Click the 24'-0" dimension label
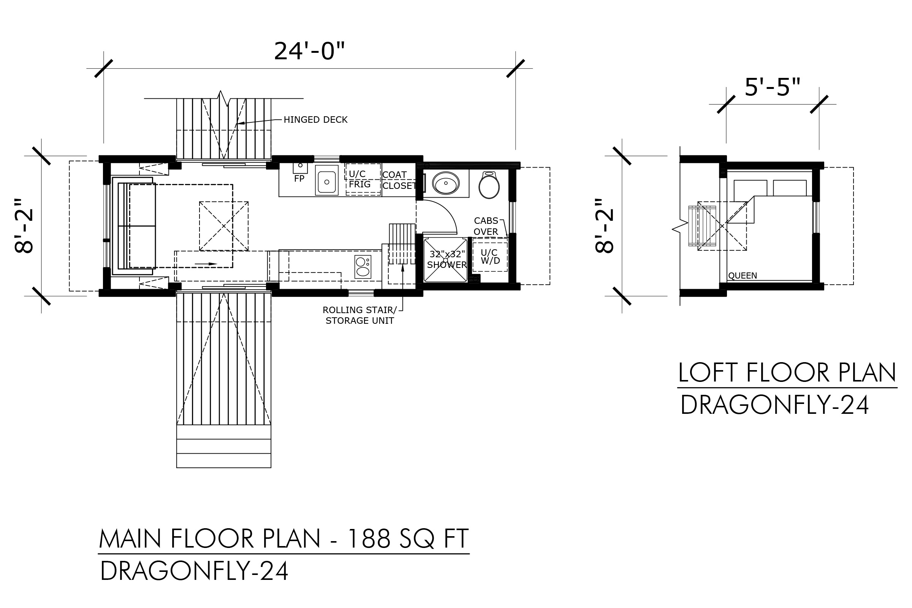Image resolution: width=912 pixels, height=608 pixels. pos(309,51)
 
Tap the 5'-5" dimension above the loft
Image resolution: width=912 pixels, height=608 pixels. pos(773,87)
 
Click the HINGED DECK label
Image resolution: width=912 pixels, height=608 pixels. pos(315,120)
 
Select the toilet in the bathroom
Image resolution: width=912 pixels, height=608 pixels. pos(489,185)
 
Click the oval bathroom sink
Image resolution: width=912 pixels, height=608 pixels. pos(445,183)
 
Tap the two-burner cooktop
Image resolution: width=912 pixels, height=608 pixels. pos(363,267)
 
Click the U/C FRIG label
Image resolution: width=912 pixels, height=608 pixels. pos(359,179)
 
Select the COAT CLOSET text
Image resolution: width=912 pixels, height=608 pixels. pos(399,180)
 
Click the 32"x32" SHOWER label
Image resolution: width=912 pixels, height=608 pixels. pos(447,260)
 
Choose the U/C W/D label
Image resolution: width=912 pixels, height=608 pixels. pos(490,257)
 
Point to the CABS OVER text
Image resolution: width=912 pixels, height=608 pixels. pos(486,226)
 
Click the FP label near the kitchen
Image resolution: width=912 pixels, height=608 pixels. pos(299,179)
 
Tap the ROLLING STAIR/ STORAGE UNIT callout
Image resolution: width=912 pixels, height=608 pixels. pos(359,315)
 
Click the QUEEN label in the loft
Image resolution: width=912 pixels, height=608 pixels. pos(743,276)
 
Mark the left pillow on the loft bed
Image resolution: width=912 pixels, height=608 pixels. pos(750,188)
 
